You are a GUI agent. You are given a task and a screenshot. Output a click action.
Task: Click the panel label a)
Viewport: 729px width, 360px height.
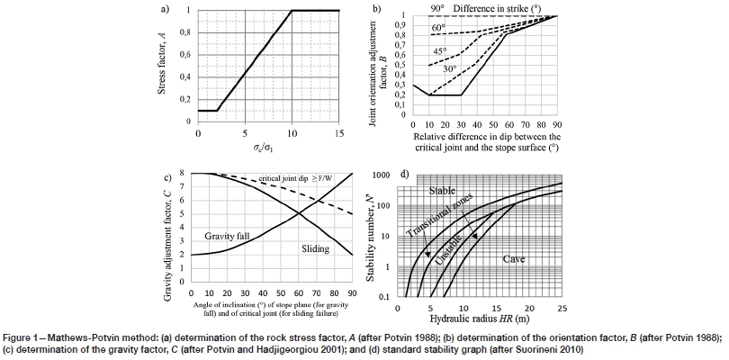tap(165, 10)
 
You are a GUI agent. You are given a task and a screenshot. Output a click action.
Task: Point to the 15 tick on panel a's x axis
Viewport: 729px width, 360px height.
tap(338, 132)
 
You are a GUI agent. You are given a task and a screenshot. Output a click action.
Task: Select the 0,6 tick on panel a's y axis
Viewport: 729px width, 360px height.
tap(185, 54)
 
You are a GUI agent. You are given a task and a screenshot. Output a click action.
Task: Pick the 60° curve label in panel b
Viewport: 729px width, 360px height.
tap(438, 29)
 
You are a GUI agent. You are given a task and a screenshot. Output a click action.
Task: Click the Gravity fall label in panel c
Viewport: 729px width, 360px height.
tap(222, 236)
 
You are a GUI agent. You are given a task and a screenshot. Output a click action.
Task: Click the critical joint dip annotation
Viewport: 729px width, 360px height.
tap(292, 180)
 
